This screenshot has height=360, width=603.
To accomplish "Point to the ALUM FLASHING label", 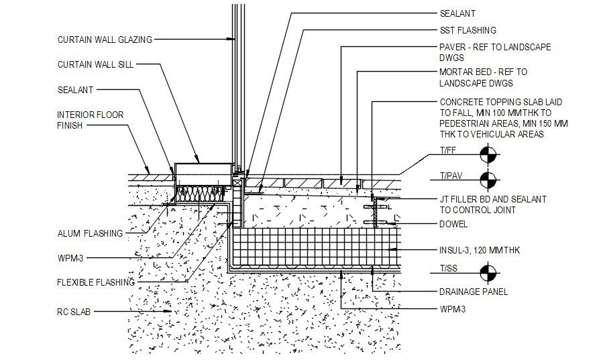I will point(90,234).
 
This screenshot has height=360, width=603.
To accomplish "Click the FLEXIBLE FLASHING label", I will point(96,283).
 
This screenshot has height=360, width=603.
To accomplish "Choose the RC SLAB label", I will point(74,312).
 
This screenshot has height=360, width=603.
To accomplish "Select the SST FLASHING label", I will point(468,30).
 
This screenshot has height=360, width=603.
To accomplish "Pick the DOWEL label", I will point(453,225).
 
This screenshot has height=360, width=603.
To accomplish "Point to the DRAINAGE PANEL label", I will point(474,292).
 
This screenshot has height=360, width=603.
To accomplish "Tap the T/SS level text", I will point(449,268).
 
